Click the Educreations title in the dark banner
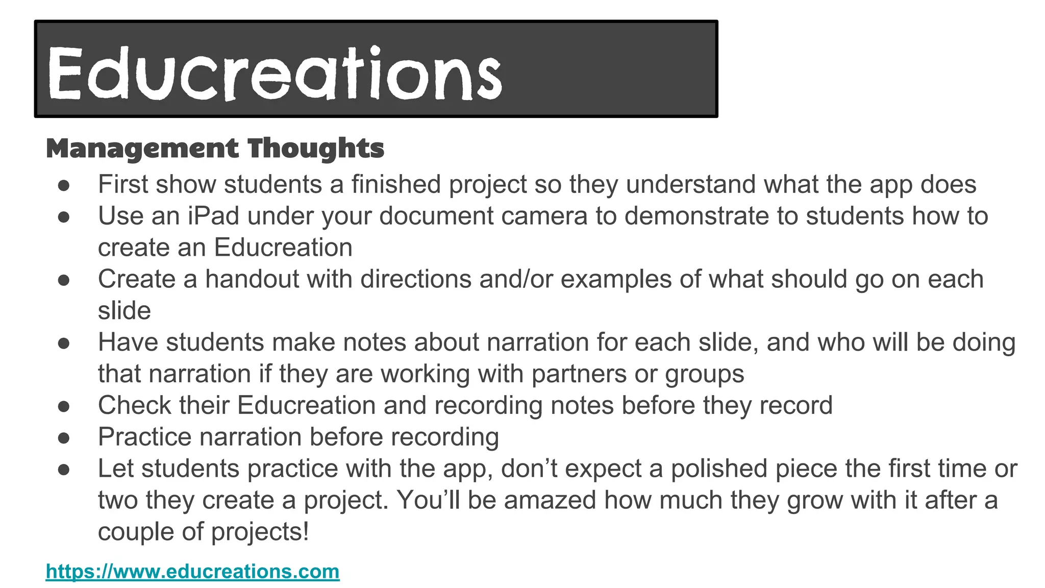[275, 72]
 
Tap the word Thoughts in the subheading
[316, 149]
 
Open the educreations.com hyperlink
[192, 571]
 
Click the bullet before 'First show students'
[64, 185]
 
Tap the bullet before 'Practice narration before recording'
[64, 437]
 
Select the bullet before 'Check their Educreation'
[64, 406]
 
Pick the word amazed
[550, 500]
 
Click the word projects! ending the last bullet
[260, 532]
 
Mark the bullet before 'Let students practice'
[64, 469]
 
